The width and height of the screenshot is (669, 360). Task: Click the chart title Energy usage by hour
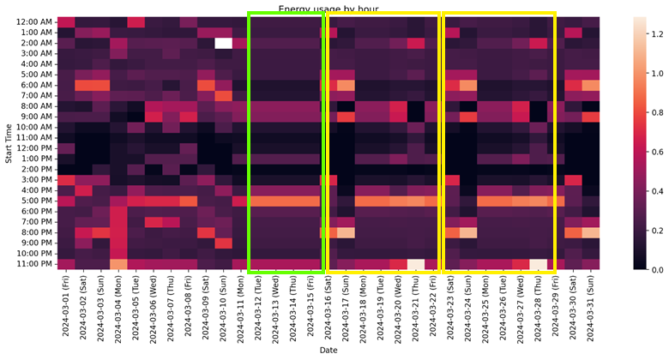(328, 9)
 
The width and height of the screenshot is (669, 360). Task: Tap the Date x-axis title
(328, 351)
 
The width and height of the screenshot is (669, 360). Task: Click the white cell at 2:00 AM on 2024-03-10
(223, 43)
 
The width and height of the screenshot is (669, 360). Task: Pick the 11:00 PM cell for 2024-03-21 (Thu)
(416, 264)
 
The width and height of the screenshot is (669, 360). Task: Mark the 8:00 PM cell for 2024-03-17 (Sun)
(346, 232)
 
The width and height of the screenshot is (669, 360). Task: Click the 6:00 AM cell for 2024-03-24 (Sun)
(468, 85)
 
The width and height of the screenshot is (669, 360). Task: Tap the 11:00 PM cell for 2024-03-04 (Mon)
(118, 264)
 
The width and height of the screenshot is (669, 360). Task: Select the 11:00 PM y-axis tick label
(35, 264)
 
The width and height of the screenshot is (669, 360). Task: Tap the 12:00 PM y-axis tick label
(35, 148)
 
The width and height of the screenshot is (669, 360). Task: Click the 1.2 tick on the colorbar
(654, 33)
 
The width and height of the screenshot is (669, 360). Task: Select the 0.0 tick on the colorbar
(654, 269)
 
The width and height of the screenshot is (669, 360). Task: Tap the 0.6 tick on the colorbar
(654, 152)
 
